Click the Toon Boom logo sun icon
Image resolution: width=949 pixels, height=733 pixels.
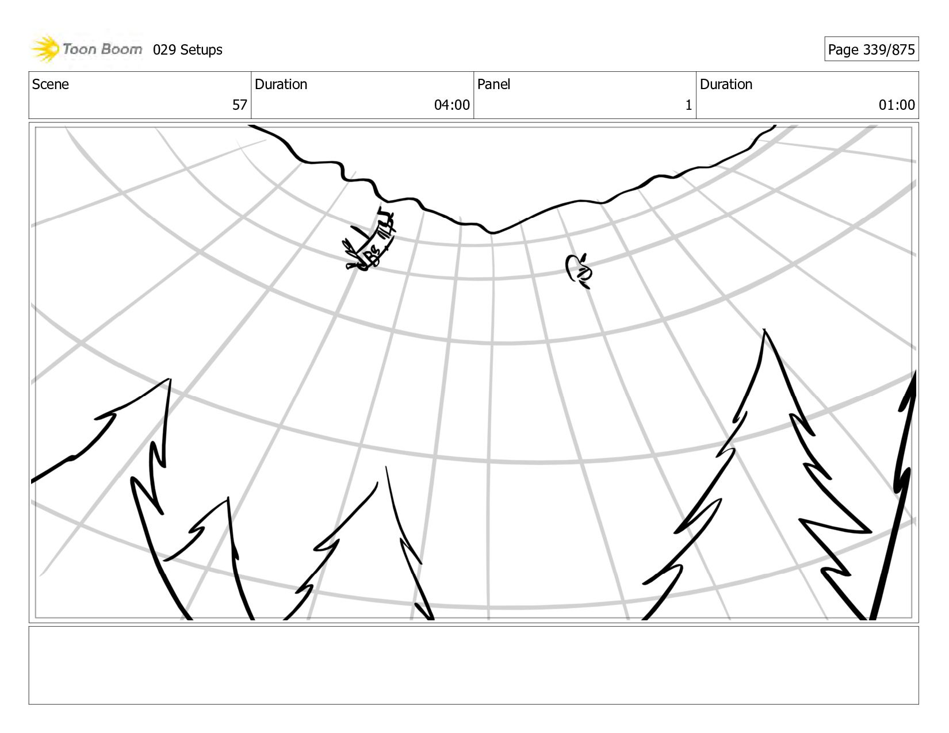coord(46,49)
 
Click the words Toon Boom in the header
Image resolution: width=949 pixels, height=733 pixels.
coord(102,49)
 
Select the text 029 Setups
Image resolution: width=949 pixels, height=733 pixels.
coord(187,50)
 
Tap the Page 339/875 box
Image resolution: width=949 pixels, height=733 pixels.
coord(871,49)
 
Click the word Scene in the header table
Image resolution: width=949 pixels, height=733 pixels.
coord(51,85)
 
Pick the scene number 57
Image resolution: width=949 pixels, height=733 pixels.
coord(239,105)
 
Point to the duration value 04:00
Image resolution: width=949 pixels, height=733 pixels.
coord(451,105)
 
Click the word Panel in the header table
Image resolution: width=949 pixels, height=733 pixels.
coord(493,85)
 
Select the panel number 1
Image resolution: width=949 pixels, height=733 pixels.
coord(688,105)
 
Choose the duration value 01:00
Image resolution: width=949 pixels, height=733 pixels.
coord(896,105)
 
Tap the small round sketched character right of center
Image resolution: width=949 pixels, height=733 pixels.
coord(579,270)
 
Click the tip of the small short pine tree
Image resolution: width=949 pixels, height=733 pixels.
coord(228,499)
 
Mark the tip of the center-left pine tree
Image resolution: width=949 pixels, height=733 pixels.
coord(386,468)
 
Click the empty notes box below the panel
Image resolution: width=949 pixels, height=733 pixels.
coord(473,665)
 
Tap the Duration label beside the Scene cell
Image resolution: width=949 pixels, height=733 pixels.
coord(281,85)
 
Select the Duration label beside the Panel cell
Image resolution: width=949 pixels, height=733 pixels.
coord(726,85)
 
